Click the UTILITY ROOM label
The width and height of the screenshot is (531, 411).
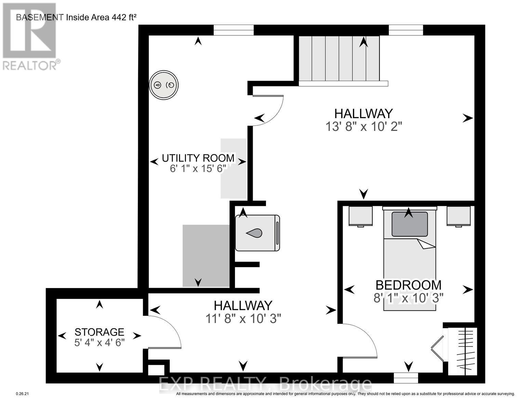pyautogui.click(x=198, y=158)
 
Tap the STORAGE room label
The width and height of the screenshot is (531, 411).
pyautogui.click(x=99, y=332)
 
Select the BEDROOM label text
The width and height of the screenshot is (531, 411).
pyautogui.click(x=408, y=285)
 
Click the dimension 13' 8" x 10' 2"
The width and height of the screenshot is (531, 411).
pyautogui.click(x=363, y=127)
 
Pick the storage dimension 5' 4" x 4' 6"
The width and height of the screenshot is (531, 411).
pyautogui.click(x=99, y=342)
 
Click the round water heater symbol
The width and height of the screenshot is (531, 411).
pyautogui.click(x=164, y=85)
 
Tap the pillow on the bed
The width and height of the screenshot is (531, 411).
pyautogui.click(x=409, y=224)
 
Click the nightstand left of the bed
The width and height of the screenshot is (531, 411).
pyautogui.click(x=360, y=216)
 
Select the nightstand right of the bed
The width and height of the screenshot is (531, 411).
pyautogui.click(x=459, y=216)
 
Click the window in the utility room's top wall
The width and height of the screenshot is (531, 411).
pyautogui.click(x=234, y=30)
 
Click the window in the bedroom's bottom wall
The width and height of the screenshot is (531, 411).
pyautogui.click(x=406, y=378)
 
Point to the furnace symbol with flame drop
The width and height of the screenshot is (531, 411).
pyautogui.click(x=257, y=233)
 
